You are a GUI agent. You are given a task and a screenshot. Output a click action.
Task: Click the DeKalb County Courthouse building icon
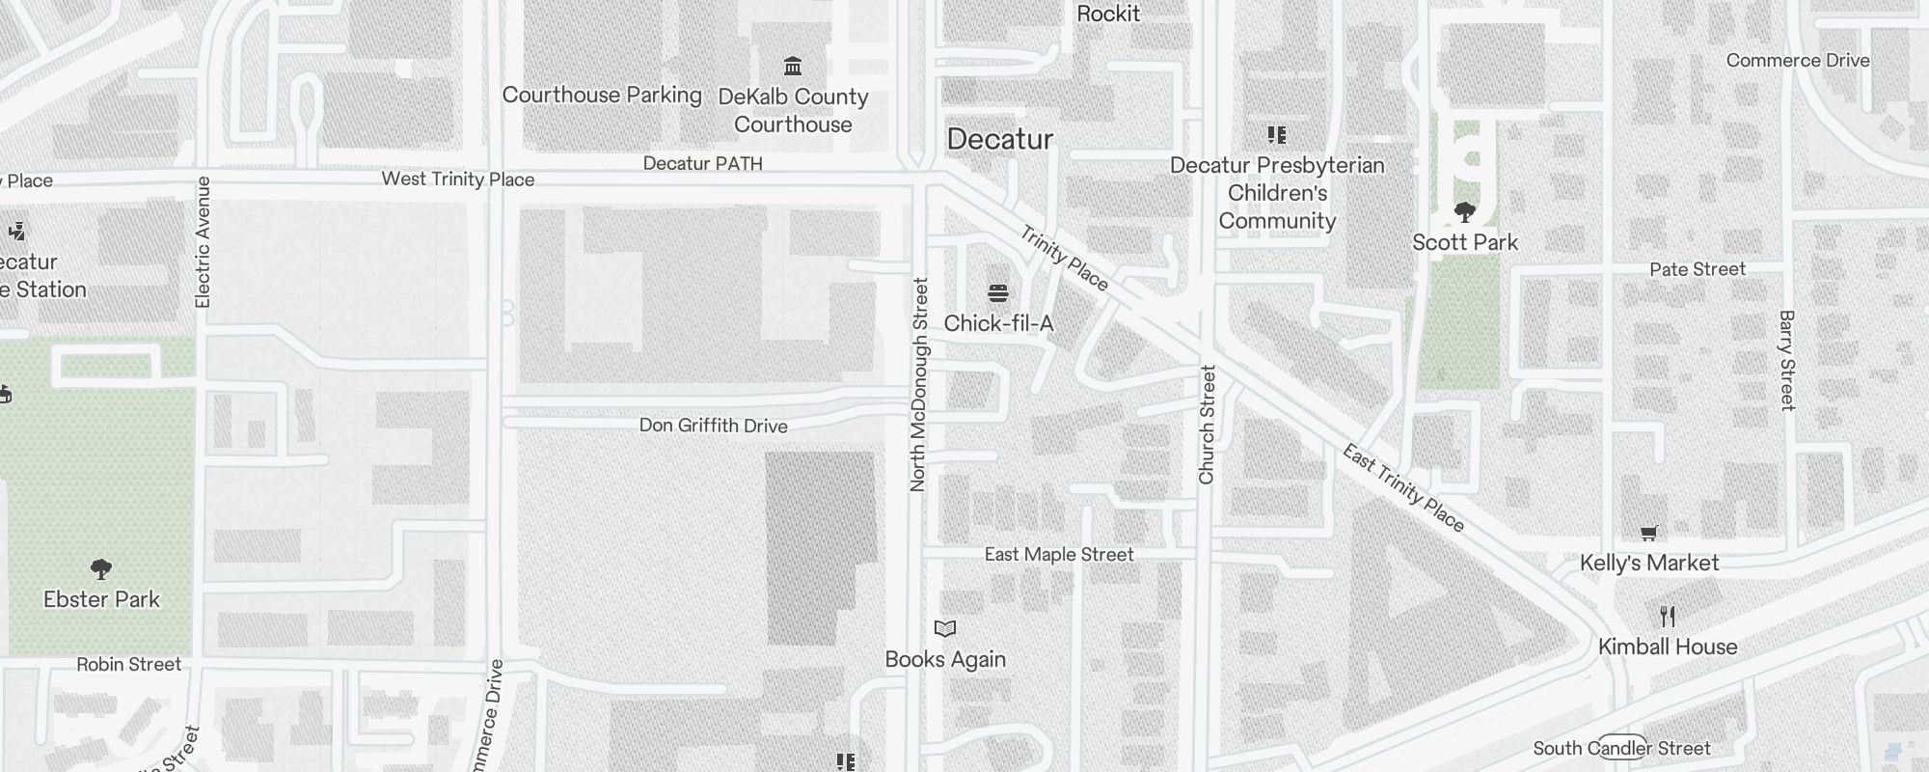[793, 67]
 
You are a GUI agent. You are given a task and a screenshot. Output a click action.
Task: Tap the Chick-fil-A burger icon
[998, 293]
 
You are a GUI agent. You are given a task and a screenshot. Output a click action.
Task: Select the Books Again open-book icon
[945, 629]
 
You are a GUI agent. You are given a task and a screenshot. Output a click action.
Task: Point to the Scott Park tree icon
[1465, 212]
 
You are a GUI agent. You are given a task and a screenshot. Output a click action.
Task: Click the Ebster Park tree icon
[100, 569]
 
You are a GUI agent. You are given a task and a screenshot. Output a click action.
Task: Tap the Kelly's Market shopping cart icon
[1649, 533]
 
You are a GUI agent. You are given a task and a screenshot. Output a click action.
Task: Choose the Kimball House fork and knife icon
[1668, 616]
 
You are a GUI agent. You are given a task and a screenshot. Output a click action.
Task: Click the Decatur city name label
[999, 139]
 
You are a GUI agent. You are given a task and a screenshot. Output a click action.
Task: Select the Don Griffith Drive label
[713, 426]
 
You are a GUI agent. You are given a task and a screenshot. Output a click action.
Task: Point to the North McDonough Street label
[918, 384]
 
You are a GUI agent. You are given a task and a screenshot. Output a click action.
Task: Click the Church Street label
[1207, 425]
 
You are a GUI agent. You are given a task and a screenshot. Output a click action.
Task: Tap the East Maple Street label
[1059, 554]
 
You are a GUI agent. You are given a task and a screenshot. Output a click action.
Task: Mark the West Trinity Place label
[457, 179]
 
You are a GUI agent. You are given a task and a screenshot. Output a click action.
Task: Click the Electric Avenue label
[203, 242]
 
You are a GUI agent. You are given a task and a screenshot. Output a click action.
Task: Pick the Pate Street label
[1698, 269]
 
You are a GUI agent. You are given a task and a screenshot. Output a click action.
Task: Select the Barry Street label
[1787, 360]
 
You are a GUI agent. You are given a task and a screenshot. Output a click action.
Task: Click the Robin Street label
[129, 664]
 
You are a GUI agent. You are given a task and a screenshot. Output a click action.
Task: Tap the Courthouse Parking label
[602, 95]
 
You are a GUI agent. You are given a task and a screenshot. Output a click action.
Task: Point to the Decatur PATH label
[702, 164]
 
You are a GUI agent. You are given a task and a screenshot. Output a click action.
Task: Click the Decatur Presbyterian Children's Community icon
[1277, 135]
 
